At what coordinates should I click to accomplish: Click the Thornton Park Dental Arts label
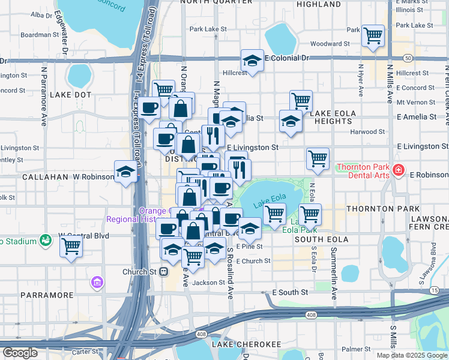point(364,172)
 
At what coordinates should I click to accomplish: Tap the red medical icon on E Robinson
point(397,172)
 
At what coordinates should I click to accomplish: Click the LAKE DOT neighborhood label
point(70,95)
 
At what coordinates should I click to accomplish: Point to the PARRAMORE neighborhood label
point(47,295)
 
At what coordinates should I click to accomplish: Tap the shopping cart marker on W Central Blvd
point(71,245)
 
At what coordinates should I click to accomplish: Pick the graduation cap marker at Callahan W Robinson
point(125,172)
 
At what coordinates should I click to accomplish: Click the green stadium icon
point(46,241)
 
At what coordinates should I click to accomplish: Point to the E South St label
point(290,292)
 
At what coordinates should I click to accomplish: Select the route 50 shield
point(408,58)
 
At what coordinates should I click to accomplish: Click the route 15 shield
point(434,290)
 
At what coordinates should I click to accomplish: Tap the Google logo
point(20,353)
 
